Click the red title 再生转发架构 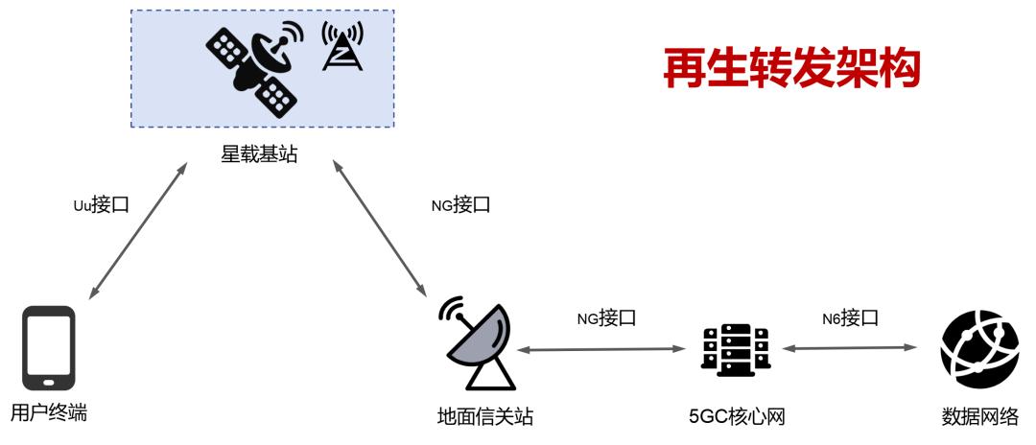tap(791, 68)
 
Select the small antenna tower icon tap(341, 46)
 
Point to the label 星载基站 tap(260, 155)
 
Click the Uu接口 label tap(101, 204)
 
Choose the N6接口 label tap(850, 318)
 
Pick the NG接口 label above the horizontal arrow tap(606, 319)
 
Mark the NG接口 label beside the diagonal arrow tap(460, 205)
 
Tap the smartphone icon tap(49, 348)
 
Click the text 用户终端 tap(49, 414)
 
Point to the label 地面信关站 tap(485, 417)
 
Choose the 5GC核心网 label tap(737, 417)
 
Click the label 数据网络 tap(979, 417)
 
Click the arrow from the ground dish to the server tap(600, 348)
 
